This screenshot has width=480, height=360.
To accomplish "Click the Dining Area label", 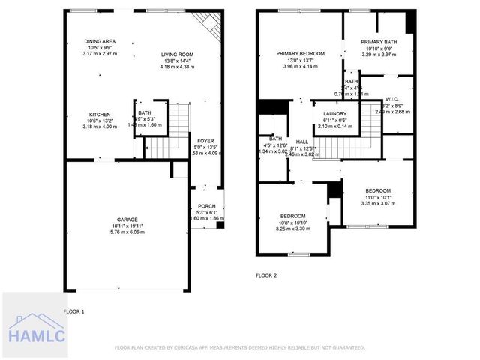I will point(100,41).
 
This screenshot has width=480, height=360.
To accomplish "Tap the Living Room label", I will point(177,54).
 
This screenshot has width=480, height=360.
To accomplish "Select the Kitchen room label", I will point(100,115).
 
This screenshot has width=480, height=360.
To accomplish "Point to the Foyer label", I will point(205,141).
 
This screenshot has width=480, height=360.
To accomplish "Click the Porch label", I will point(206,206).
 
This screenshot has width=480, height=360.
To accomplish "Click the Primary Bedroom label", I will point(300,54).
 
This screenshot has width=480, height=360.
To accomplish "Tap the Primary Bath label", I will point(378,42).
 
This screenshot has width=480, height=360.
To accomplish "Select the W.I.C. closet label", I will point(391,99).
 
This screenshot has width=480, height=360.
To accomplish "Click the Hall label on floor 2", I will point(302,142).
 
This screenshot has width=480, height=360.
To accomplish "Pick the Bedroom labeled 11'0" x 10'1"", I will point(377,190).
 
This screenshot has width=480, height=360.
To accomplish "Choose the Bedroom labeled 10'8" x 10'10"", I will point(292,217).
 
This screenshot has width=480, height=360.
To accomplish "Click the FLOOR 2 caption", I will point(266,276).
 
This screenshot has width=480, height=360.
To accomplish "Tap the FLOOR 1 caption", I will point(73,310).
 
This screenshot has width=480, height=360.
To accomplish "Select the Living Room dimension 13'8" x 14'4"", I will point(177,61).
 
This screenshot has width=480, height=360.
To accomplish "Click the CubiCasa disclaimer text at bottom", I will point(240,347).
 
